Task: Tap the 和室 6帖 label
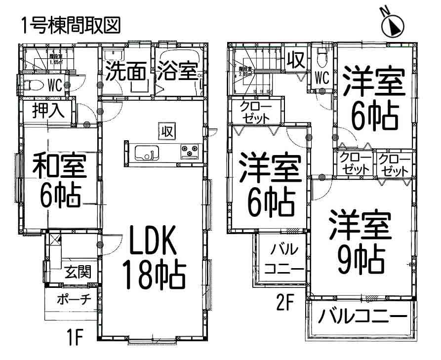click(x=59, y=181)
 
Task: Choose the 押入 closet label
click(x=48, y=111)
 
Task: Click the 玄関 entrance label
click(x=78, y=272)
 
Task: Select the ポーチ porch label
click(x=73, y=300)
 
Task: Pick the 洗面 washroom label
click(x=125, y=73)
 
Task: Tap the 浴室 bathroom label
click(x=178, y=73)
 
